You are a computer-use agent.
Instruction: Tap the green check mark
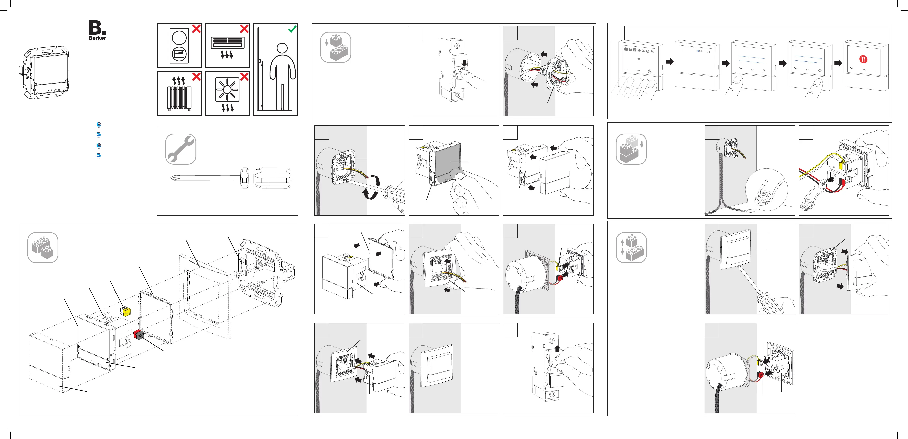292,29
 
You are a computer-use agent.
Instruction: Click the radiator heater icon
179,98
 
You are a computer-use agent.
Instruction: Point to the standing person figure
282,76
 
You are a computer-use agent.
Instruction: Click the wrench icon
181,149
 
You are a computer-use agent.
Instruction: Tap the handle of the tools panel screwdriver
266,178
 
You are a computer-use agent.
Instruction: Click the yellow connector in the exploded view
125,311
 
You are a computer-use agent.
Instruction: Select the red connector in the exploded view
138,335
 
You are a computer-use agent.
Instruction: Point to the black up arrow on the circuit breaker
557,349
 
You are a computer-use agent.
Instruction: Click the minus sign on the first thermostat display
626,69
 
